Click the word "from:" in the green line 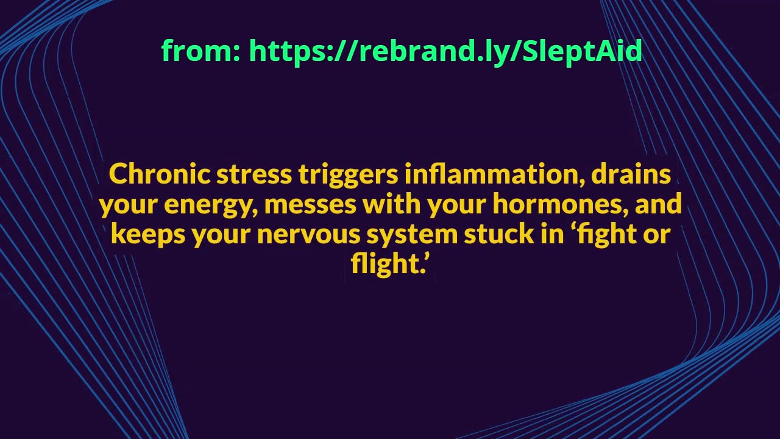click(x=200, y=51)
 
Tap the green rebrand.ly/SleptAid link click(x=445, y=51)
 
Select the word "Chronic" click(x=160, y=174)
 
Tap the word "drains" click(x=631, y=174)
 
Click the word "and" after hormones click(x=658, y=204)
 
